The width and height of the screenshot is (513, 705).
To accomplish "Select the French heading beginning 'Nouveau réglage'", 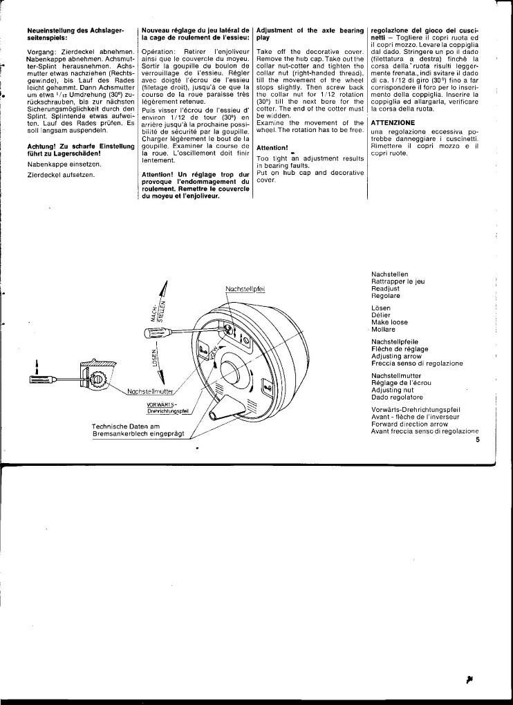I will point(194,35).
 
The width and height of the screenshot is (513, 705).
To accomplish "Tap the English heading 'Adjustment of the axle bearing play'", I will point(310,35).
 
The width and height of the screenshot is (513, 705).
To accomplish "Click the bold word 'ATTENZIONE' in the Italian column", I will point(393,122).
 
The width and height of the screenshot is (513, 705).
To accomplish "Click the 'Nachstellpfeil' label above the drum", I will point(245,288).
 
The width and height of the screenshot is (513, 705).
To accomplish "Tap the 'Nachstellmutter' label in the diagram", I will point(150,392).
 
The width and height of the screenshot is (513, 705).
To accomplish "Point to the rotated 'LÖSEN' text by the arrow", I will point(156,357).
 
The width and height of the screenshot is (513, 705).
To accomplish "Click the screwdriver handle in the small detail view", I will point(39,379).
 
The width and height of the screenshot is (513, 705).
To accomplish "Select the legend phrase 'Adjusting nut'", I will point(390,391).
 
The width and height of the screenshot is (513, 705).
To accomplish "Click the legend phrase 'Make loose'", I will point(390,322).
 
